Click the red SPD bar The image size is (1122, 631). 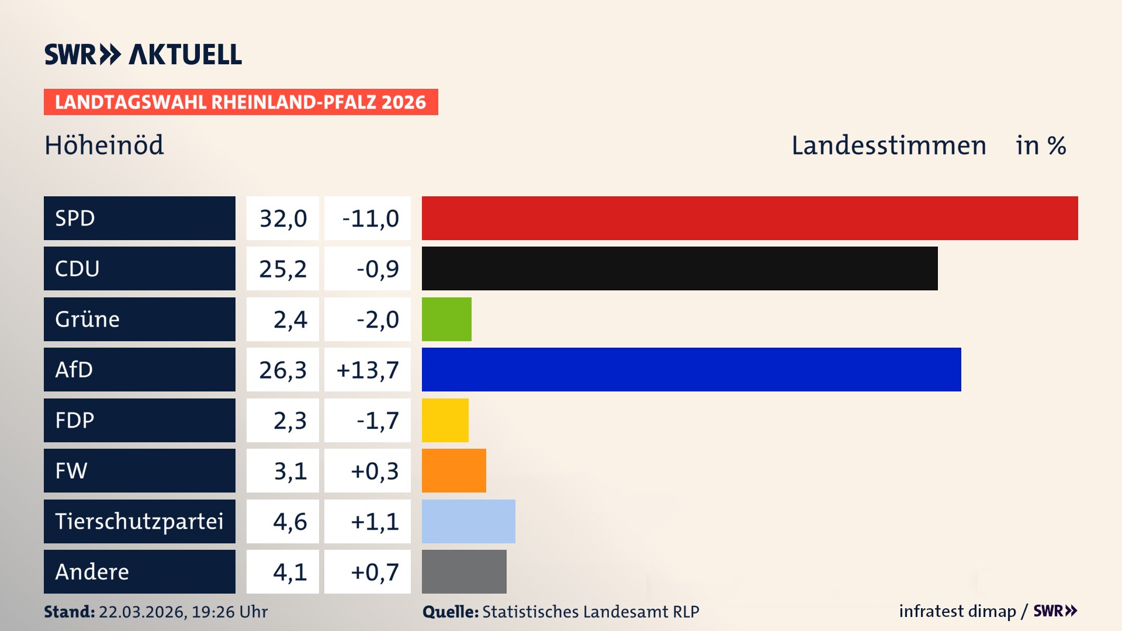(x=750, y=218)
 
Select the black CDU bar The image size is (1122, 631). (x=680, y=269)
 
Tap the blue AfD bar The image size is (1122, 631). (x=691, y=369)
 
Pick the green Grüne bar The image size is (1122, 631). (x=446, y=319)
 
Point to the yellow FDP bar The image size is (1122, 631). (x=445, y=420)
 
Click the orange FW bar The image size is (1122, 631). (x=453, y=470)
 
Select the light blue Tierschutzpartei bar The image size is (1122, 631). (x=468, y=521)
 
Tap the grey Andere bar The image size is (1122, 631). (x=464, y=571)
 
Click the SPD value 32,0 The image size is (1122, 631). (x=283, y=219)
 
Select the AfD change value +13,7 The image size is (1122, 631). (x=368, y=370)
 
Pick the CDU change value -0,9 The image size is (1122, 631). (x=378, y=269)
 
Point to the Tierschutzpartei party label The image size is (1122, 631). (x=139, y=521)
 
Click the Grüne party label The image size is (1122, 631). (x=88, y=319)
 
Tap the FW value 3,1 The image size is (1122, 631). (x=290, y=471)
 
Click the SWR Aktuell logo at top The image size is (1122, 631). (x=143, y=54)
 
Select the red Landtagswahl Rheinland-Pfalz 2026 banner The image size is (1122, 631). (x=241, y=102)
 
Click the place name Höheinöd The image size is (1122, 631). (x=104, y=145)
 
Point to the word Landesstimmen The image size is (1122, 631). (x=888, y=145)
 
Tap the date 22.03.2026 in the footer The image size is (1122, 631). (x=142, y=612)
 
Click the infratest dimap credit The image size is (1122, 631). (x=957, y=611)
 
